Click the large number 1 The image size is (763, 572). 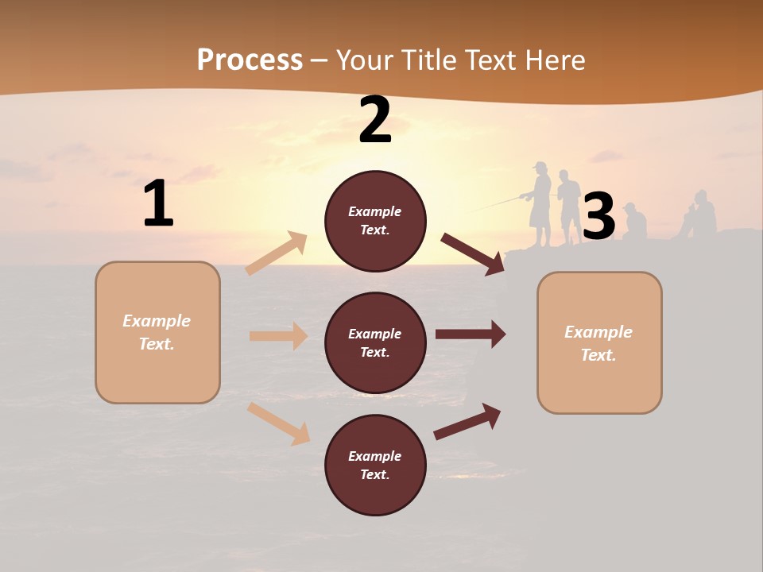pyautogui.click(x=158, y=204)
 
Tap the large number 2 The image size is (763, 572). pyautogui.click(x=375, y=120)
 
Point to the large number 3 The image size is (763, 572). pyautogui.click(x=598, y=217)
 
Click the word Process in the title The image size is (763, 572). pyautogui.click(x=250, y=60)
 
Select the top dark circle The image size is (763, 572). pyautogui.click(x=375, y=221)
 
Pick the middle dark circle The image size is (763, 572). pyautogui.click(x=375, y=342)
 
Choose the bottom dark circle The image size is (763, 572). pyautogui.click(x=375, y=465)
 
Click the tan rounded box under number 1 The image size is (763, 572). pyautogui.click(x=157, y=332)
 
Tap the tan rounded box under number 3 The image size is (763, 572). pyautogui.click(x=599, y=342)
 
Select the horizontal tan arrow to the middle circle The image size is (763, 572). pyautogui.click(x=278, y=336)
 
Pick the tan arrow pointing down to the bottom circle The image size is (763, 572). pyautogui.click(x=279, y=423)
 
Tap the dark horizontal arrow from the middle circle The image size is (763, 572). pyautogui.click(x=471, y=334)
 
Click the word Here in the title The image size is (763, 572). pyautogui.click(x=554, y=60)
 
